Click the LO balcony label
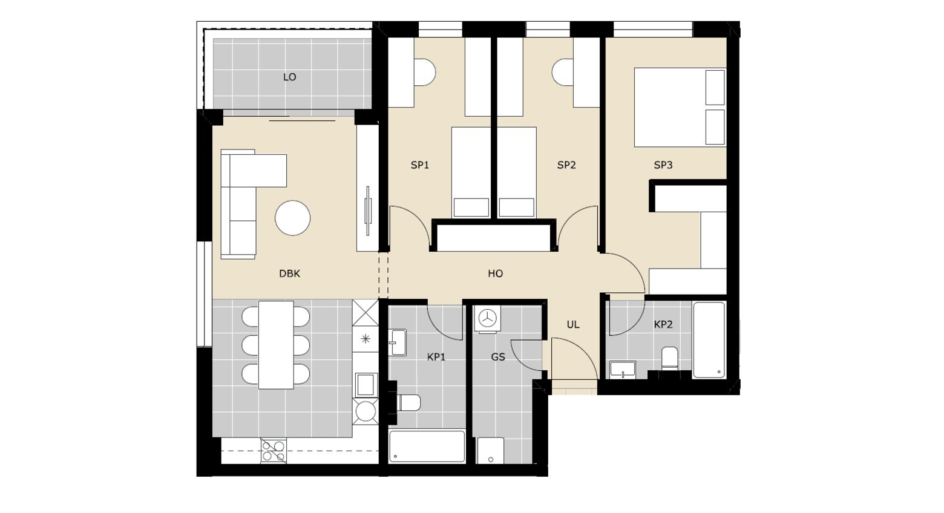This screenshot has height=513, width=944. pos(289,77)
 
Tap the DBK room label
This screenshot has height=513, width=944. pos(289,274)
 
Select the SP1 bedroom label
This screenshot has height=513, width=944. pos(420,165)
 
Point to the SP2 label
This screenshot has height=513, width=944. pos(566,165)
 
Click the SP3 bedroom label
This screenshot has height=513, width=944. pos(663,165)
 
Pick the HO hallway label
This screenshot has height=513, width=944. pos(495,274)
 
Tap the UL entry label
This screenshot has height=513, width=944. pos(572,324)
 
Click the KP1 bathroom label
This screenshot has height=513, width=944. pos(436,357)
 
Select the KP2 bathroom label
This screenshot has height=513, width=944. pos(663,324)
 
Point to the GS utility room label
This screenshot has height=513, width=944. pos(498,357)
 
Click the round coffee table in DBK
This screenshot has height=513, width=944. pos(292,218)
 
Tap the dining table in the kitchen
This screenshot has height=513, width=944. pos(276,345)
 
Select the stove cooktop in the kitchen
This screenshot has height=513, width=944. pos(274,451)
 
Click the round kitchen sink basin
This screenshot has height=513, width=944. pos(365,411)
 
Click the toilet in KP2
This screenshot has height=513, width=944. pos(670,358)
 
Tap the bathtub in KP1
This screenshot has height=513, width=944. pos(427,446)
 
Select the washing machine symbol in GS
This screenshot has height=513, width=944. pos(488,319)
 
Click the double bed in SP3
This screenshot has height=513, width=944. pos(680,108)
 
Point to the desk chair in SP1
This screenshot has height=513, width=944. pos(425,72)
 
